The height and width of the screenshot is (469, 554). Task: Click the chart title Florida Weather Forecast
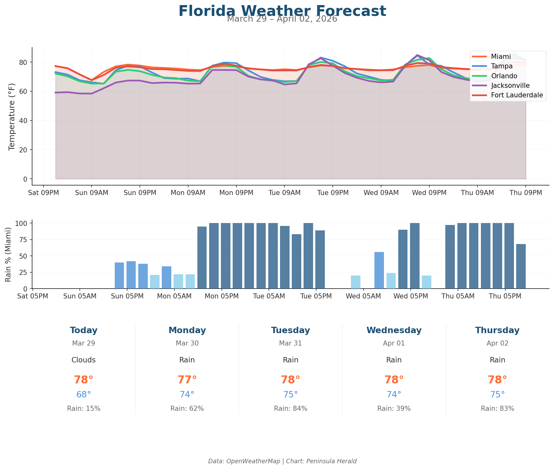282,11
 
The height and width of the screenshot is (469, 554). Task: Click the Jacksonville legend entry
510,86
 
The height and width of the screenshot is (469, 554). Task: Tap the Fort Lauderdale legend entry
517,95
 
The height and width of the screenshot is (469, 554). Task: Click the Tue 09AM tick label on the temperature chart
284,193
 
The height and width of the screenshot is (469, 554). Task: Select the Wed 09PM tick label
429,193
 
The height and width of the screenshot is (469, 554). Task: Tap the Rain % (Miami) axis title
9,254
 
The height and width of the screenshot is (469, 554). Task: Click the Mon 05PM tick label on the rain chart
222,296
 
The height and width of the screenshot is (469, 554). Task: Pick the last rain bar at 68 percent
521,266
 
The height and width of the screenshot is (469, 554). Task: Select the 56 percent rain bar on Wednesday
379,270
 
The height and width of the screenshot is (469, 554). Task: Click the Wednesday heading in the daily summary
394,330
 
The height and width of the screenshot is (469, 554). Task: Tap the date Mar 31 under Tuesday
291,343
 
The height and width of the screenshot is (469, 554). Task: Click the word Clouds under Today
84,360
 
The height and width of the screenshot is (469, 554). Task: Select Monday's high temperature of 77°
187,380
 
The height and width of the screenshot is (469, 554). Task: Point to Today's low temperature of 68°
84,395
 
